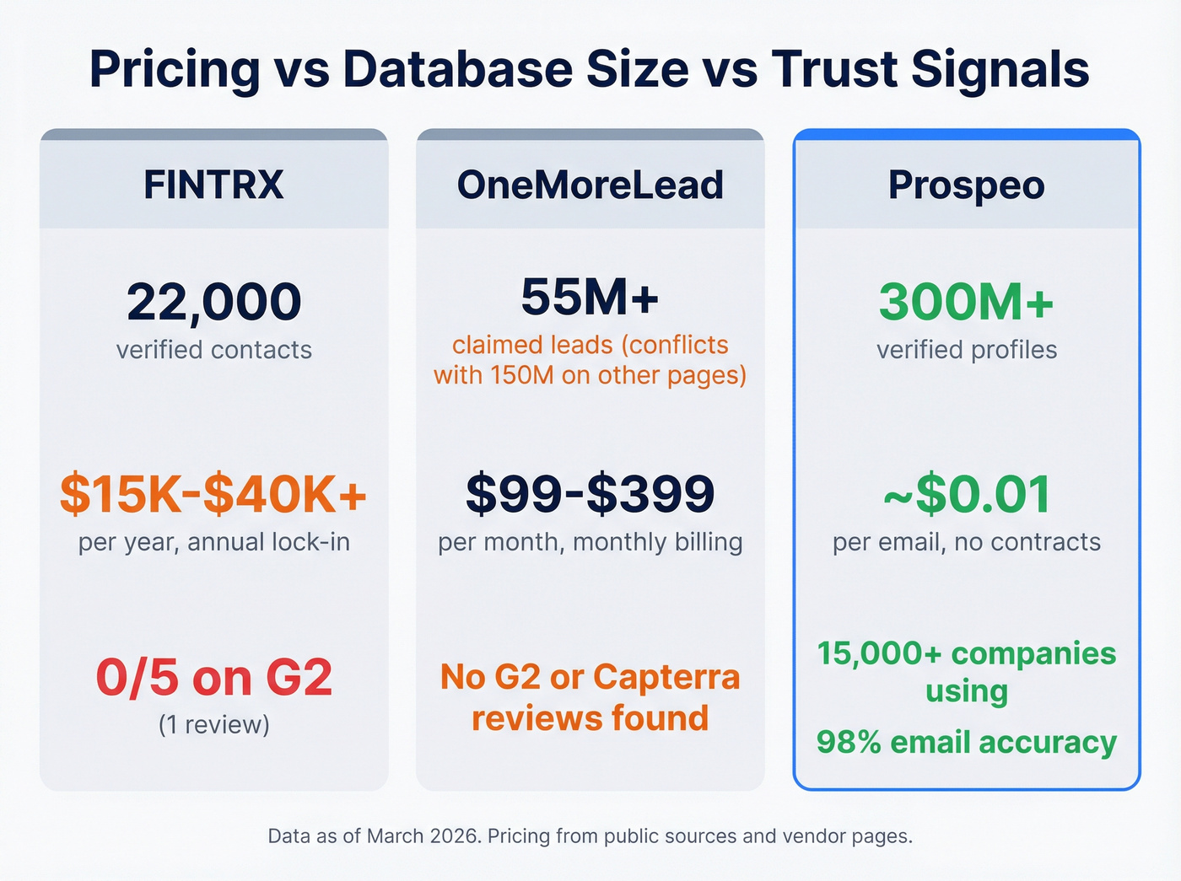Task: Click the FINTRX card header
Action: pyautogui.click(x=213, y=185)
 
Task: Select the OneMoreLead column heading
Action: pyautogui.click(x=590, y=185)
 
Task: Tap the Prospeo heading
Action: pyautogui.click(x=966, y=185)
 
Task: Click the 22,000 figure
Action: pyautogui.click(x=213, y=302)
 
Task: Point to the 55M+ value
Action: pyautogui.click(x=590, y=297)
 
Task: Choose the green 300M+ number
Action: pyautogui.click(x=966, y=302)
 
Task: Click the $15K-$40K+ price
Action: pyautogui.click(x=213, y=494)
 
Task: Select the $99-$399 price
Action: pyautogui.click(x=590, y=494)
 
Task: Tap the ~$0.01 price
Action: pyautogui.click(x=966, y=494)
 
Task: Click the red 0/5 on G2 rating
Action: pyautogui.click(x=213, y=678)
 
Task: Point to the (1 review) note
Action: pyautogui.click(x=213, y=724)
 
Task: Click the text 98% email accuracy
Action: pyautogui.click(x=966, y=742)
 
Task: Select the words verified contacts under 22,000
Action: pyautogui.click(x=213, y=350)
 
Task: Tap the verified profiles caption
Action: pyautogui.click(x=966, y=350)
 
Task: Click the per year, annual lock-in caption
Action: pyautogui.click(x=213, y=541)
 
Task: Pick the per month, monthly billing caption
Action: pyautogui.click(x=590, y=541)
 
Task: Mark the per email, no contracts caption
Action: pyautogui.click(x=966, y=541)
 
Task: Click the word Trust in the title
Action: pyautogui.click(x=834, y=69)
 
